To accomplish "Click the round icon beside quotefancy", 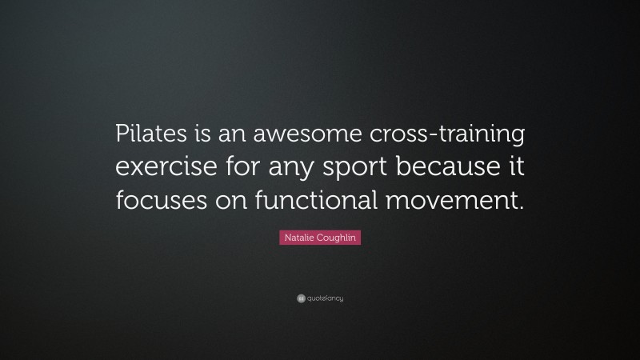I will coord(301,298).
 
